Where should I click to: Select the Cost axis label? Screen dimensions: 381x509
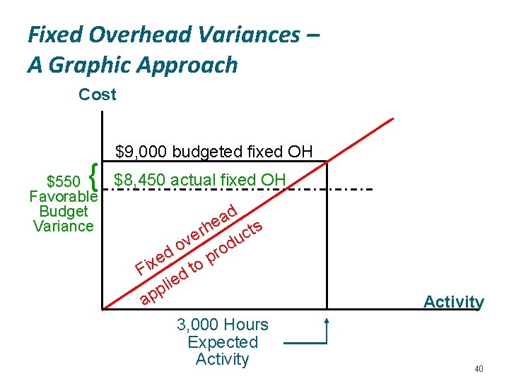98,94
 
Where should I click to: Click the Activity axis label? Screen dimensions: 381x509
453,302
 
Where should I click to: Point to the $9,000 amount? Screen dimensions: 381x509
140,151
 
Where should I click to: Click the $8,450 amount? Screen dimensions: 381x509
138,180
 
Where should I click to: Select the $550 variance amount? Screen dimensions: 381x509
63,181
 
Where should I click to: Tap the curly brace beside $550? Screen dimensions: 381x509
94,171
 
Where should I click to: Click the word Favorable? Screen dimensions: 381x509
63,196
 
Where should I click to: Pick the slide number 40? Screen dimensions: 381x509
479,368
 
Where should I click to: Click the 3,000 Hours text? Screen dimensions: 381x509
223,325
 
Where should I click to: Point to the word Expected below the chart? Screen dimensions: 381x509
223,342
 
